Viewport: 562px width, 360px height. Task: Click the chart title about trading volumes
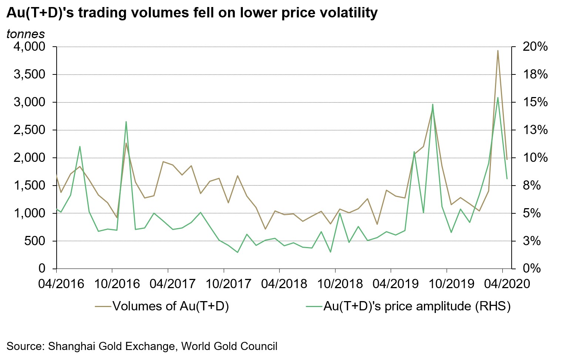(192, 13)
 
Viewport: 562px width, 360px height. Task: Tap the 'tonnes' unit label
(26, 34)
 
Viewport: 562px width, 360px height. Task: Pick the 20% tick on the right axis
(535, 47)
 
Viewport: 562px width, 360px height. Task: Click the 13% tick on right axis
(535, 130)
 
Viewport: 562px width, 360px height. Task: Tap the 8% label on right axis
(532, 186)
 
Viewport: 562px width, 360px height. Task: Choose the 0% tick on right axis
(532, 269)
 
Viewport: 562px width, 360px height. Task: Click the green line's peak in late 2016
(126, 121)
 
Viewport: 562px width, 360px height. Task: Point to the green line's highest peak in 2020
(498, 98)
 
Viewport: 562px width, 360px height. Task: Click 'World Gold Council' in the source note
(229, 346)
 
